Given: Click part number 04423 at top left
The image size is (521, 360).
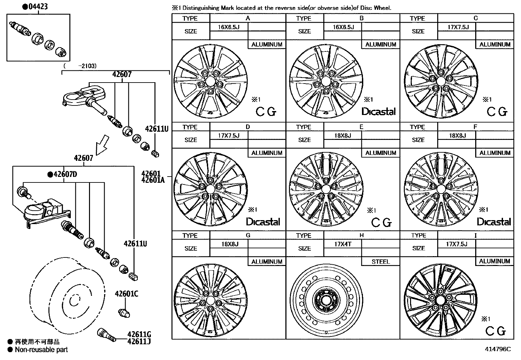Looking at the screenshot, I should click(37, 7).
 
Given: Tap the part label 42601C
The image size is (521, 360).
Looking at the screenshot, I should click(126, 294).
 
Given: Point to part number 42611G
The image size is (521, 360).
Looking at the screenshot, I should click(139, 334).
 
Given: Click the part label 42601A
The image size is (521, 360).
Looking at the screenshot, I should click(153, 180).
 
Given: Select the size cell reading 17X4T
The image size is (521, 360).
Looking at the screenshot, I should click(343, 244).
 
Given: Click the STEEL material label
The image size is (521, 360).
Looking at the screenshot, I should click(381, 261).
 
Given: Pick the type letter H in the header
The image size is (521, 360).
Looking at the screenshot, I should click(362, 236).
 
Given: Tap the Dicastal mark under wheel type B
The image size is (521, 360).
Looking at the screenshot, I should click(378, 112).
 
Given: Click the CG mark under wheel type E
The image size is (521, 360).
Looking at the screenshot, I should click(381, 223).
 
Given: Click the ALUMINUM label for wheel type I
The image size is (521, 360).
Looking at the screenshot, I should click(494, 261).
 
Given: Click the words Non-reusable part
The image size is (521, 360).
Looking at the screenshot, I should click(41, 350).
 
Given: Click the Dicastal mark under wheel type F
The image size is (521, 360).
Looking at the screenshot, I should click(494, 222).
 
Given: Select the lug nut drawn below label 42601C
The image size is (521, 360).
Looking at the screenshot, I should click(124, 313).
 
